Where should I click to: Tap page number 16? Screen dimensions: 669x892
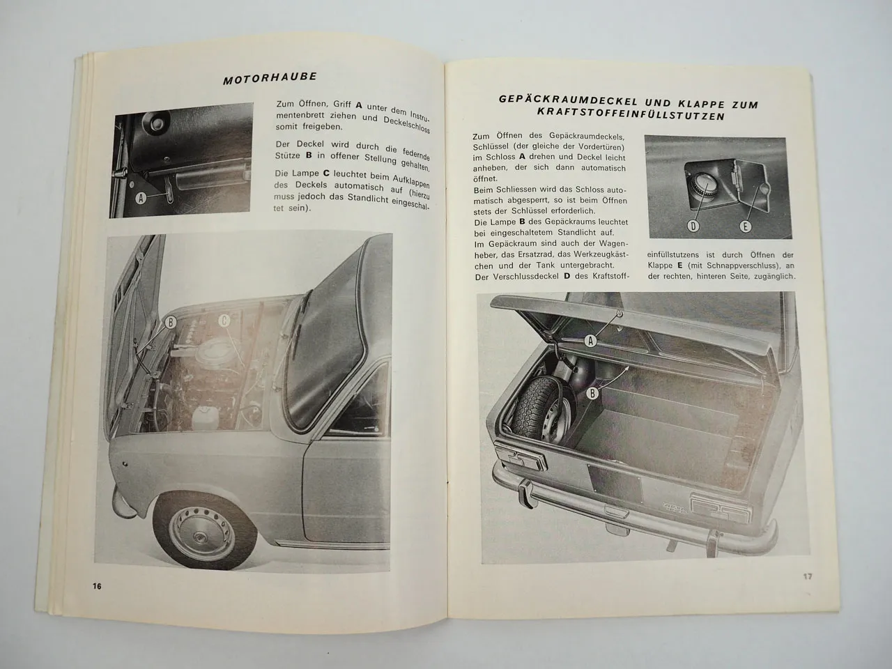[x=97, y=586]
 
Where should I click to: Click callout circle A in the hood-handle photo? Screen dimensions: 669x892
[x=141, y=198]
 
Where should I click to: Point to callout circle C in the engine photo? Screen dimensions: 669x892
[x=224, y=321]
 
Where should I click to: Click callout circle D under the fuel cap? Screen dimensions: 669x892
[x=693, y=225]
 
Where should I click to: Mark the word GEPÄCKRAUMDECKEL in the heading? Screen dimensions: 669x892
[x=559, y=99]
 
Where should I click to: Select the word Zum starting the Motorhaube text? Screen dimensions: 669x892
[x=285, y=105]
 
